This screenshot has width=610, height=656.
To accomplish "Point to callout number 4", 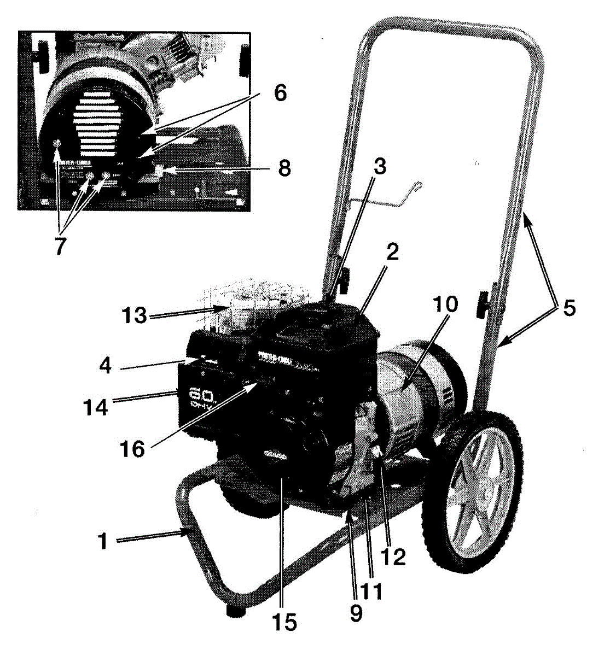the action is (x=106, y=365).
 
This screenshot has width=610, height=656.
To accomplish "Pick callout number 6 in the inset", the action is (x=279, y=93).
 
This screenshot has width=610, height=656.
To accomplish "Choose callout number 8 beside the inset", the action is (x=283, y=167).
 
